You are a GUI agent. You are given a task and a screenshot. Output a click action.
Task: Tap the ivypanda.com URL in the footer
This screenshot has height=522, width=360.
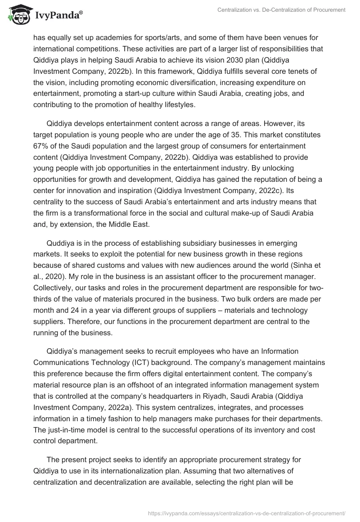pos(247,513)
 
